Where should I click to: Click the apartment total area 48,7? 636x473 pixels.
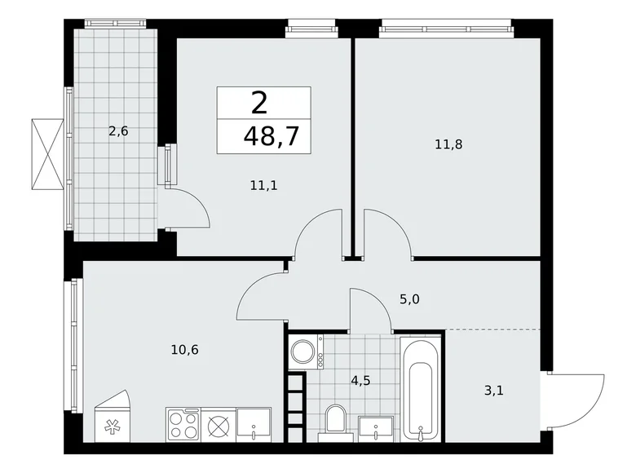(266, 135)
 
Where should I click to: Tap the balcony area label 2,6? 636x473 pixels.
(118, 129)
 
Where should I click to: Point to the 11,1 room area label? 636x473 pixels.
(264, 185)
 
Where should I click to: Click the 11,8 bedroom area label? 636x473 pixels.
(448, 145)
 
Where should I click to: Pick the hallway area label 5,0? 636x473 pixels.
(409, 299)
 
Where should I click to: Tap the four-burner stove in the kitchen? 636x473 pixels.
(183, 425)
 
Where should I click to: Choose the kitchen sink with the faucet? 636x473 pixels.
(256, 425)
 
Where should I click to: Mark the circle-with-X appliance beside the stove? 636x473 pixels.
(218, 425)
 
